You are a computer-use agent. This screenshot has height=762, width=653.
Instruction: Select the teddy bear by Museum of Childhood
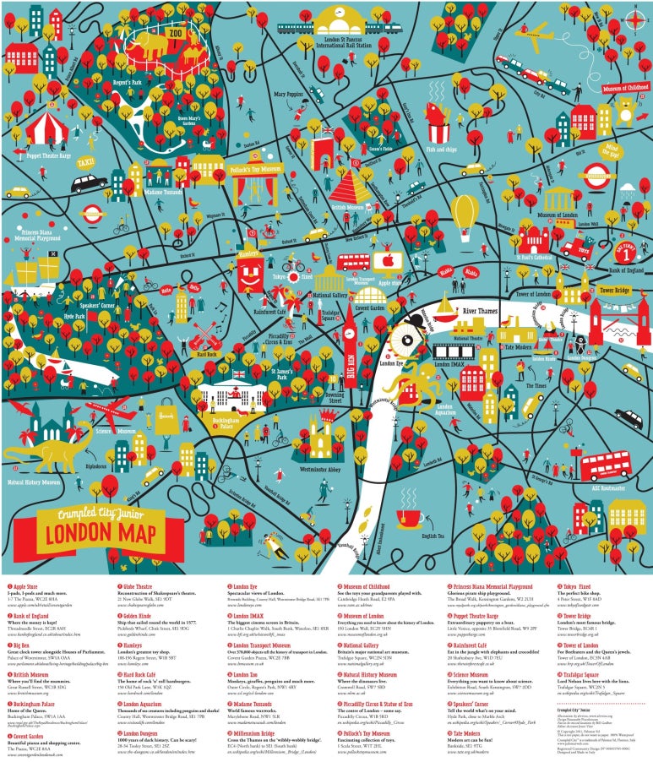tap(625, 111)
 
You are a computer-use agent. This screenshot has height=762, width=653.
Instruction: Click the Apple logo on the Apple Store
tap(388, 259)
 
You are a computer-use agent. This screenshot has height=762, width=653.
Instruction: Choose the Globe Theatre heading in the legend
tap(144, 585)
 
